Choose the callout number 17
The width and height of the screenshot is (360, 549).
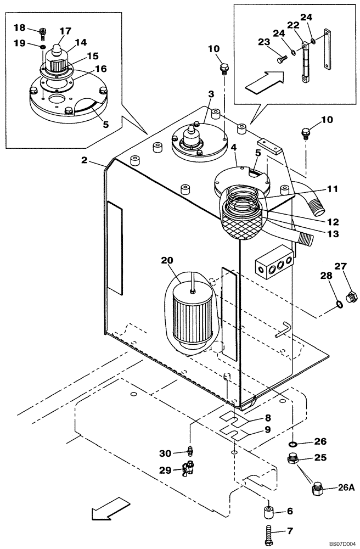[66, 31]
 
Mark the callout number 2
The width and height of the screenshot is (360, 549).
[84, 160]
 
